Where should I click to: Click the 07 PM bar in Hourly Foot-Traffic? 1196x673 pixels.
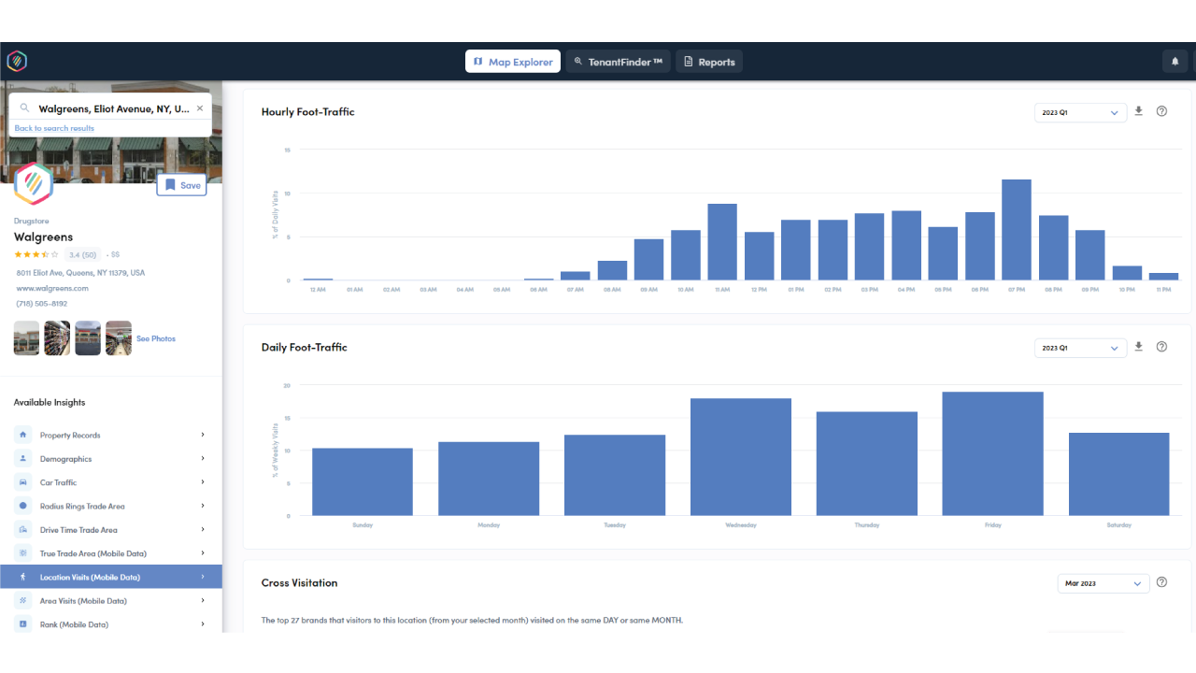(x=1016, y=230)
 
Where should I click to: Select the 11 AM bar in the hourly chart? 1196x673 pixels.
(x=722, y=242)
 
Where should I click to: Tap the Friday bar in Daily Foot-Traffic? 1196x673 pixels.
(x=992, y=453)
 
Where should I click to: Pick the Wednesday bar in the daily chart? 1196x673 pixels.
(x=740, y=457)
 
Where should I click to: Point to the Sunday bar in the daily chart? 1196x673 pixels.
(x=363, y=481)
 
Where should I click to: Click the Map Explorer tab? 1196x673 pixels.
(x=513, y=62)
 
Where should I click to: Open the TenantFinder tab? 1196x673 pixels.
(x=618, y=62)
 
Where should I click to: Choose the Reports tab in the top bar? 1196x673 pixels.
(x=708, y=62)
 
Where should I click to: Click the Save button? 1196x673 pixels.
(x=181, y=185)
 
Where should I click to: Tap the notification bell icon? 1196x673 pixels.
(x=1175, y=62)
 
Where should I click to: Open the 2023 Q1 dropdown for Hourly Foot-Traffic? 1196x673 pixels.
(x=1079, y=112)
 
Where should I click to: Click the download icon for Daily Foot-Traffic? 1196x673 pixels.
(x=1138, y=347)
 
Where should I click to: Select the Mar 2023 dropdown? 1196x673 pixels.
(x=1103, y=583)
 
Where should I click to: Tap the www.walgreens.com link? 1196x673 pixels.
(x=52, y=289)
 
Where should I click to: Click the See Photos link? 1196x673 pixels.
(x=156, y=338)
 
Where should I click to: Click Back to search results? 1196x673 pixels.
(x=54, y=129)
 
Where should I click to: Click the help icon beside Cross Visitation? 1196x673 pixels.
(x=1161, y=582)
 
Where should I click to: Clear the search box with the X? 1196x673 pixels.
(x=199, y=108)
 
